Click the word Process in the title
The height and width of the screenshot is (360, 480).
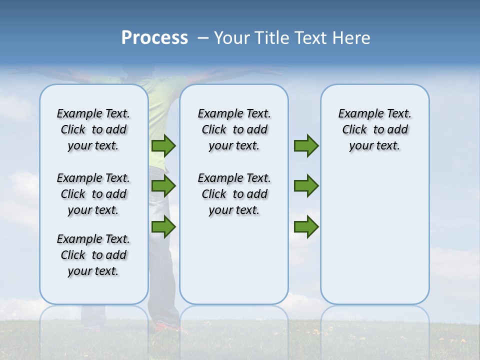154,38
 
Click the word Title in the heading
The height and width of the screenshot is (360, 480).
271,38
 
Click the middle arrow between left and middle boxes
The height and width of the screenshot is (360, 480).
163,186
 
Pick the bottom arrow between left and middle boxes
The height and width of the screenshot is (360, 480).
163,226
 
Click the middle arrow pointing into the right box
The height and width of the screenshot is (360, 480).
306,186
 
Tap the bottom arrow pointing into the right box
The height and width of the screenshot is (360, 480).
306,226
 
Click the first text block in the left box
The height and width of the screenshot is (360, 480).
93,129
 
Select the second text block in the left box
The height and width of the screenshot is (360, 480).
93,194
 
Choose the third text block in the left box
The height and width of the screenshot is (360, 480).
93,255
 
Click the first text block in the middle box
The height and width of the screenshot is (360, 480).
234,129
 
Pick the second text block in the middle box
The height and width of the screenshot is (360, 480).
234,194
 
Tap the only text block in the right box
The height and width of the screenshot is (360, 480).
374,129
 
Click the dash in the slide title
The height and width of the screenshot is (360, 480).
203,38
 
